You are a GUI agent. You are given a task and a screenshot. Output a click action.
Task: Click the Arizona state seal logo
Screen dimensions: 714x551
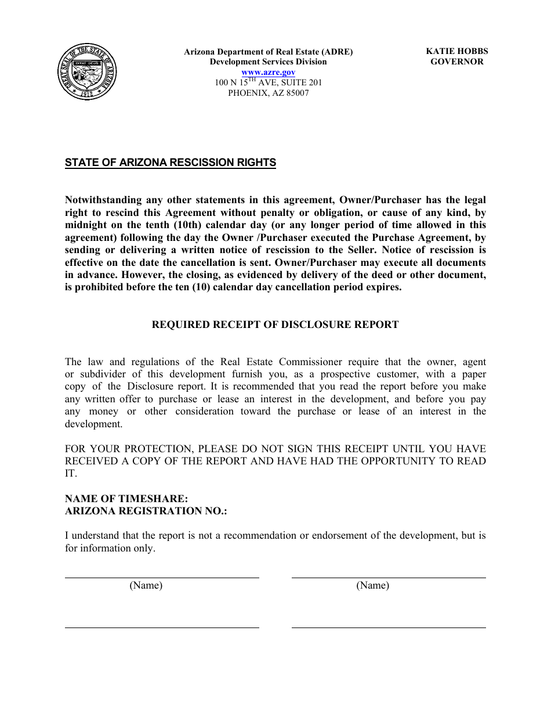(87, 72)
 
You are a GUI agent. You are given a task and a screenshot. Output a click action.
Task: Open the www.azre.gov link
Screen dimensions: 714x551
(268, 72)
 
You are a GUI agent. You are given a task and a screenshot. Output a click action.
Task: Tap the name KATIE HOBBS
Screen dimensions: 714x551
(456, 51)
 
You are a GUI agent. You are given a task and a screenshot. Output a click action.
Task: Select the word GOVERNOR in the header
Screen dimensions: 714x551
(456, 62)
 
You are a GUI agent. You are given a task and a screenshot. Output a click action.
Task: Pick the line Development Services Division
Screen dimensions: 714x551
(268, 62)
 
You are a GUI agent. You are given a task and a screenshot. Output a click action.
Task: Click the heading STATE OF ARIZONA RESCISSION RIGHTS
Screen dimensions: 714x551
(171, 163)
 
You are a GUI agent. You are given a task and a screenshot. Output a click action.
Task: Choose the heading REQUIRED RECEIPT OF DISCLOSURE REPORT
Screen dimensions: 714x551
(275, 324)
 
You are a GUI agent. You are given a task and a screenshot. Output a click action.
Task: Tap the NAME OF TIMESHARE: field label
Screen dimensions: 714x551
(126, 499)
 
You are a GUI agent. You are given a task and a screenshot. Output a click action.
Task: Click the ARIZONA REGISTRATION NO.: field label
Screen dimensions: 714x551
(146, 511)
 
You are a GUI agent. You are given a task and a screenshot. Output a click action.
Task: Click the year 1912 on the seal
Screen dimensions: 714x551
(87, 93)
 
